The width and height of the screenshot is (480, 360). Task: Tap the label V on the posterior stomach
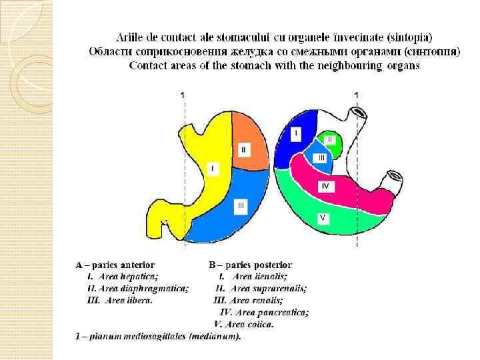point(323,217)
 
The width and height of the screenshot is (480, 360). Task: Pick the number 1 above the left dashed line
point(183,96)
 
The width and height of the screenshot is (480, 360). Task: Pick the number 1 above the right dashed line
point(355,96)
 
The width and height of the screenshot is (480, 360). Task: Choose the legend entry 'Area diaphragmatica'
point(143,288)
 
